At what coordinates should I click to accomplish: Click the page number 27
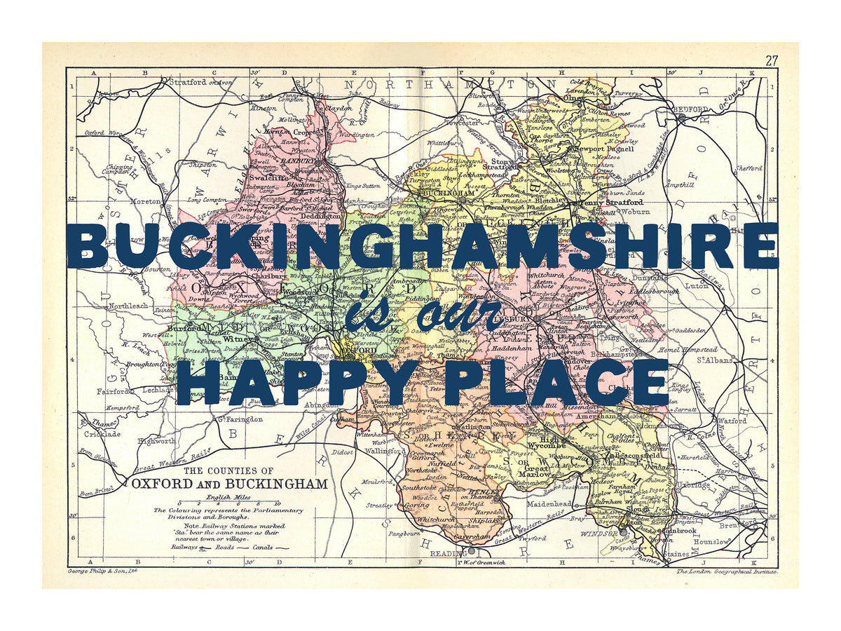tap(771, 60)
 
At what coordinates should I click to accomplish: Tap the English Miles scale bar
tap(228, 503)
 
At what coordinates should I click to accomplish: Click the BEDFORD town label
tap(692, 110)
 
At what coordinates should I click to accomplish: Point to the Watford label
tap(733, 421)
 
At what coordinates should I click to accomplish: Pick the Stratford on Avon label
tap(200, 82)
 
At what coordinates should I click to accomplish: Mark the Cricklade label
tap(102, 434)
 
